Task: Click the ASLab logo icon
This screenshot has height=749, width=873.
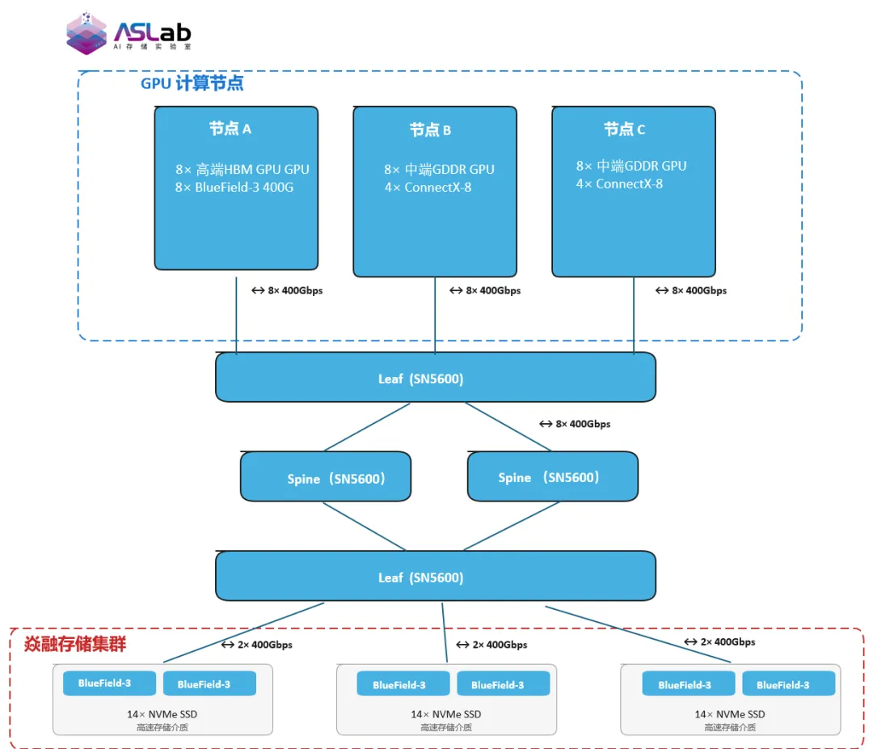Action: [x=86, y=33]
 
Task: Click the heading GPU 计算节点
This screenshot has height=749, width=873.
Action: [x=192, y=83]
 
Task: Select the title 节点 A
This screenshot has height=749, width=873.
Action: [x=230, y=129]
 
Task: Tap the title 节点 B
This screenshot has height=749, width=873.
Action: [x=430, y=130]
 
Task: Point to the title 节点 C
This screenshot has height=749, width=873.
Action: [x=624, y=129]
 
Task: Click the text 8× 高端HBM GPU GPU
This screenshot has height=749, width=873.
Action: [x=242, y=170]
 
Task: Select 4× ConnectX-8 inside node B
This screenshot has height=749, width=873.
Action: [x=428, y=188]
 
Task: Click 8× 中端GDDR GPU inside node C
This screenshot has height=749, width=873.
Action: [x=631, y=166]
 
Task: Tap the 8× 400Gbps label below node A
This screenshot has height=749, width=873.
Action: [x=287, y=290]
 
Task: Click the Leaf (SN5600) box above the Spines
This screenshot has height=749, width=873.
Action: [x=435, y=378]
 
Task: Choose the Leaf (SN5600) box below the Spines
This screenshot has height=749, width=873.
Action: [x=435, y=578]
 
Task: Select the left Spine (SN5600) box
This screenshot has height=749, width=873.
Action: [x=326, y=477]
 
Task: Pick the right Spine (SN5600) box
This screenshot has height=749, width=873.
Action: [x=552, y=476]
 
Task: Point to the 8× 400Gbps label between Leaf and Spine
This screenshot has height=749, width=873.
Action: [x=575, y=424]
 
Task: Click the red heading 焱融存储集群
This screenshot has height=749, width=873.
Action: [x=75, y=645]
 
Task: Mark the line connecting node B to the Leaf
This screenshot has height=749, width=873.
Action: [x=435, y=315]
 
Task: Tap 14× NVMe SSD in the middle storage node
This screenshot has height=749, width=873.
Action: [x=445, y=714]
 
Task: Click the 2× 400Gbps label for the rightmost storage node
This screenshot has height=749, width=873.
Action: [x=719, y=641]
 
